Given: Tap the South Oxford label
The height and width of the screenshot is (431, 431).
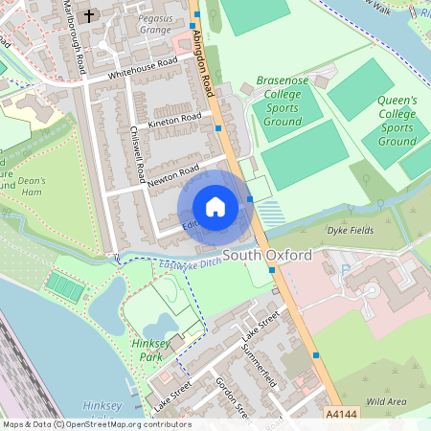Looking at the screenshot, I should [x=268, y=256].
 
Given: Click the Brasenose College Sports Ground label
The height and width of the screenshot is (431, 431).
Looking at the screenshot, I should [x=283, y=102].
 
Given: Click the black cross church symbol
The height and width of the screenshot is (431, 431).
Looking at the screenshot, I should [x=90, y=15].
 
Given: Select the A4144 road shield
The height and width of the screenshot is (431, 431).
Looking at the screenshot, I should [x=341, y=415].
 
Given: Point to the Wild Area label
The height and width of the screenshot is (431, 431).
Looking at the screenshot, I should [x=387, y=401].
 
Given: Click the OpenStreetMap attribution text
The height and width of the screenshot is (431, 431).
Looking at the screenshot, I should [x=96, y=424].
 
